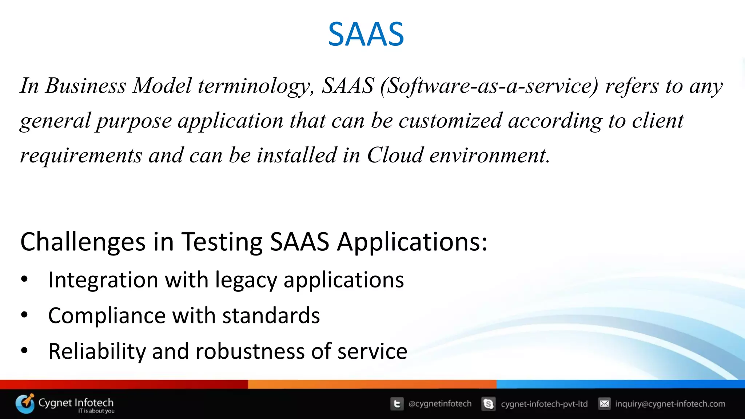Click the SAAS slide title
pos(366,34)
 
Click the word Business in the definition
pos(85,86)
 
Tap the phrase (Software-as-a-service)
pos(489,86)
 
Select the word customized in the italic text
pos(450,121)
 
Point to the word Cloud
pos(395,155)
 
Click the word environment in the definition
pos(489,155)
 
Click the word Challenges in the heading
pos(83,242)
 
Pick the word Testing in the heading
pos(222,242)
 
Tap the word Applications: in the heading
pos(412,242)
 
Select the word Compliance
pos(107,316)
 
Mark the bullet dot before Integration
pos(24,279)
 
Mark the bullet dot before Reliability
pos(24,351)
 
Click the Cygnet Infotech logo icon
pos(25,403)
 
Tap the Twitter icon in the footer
pos(397,404)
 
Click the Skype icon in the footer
pos(488,404)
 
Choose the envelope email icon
pos(604,404)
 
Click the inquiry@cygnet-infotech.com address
pos(670,404)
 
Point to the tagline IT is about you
pos(96,411)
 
